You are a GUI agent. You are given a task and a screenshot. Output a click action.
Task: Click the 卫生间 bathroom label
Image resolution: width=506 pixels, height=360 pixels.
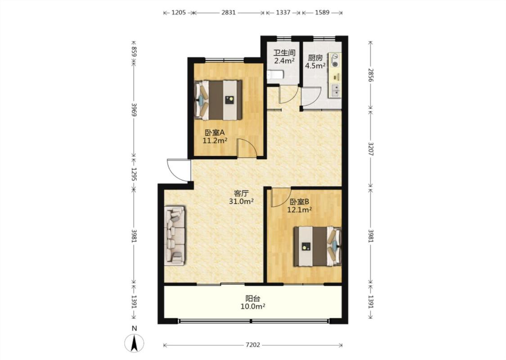(284, 53)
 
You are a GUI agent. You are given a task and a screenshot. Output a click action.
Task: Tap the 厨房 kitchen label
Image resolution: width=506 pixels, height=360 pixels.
(315, 58)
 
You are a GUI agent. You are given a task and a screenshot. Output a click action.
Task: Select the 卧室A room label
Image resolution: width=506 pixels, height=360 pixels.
(215, 132)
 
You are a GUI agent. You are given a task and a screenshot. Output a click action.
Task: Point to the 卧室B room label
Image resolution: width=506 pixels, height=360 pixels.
(300, 202)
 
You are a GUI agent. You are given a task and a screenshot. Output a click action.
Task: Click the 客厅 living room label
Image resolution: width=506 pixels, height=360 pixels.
(241, 193)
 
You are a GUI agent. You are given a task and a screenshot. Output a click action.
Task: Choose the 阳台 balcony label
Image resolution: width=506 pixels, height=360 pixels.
(253, 298)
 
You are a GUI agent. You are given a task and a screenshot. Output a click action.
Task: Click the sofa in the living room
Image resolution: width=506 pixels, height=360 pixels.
(175, 236)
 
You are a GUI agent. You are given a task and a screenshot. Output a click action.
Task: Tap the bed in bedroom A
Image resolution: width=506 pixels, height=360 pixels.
(218, 100)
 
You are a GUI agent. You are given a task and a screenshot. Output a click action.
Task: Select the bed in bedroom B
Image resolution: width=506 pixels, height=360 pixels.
(318, 246)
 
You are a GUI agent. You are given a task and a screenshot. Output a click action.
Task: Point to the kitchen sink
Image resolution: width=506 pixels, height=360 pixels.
(336, 90)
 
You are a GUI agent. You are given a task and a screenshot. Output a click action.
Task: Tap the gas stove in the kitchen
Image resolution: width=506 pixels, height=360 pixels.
(335, 61)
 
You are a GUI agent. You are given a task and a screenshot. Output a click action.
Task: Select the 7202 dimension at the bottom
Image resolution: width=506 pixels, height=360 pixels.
(253, 345)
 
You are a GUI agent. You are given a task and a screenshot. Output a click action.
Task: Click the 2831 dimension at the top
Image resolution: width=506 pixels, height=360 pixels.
(228, 13)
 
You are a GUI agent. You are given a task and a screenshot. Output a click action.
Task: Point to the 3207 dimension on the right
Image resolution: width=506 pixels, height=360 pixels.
(371, 149)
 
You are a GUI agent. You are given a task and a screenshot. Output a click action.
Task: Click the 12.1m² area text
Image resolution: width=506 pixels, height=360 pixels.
(300, 210)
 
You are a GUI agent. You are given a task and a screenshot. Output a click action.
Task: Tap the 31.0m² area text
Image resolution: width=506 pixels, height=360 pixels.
(241, 202)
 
